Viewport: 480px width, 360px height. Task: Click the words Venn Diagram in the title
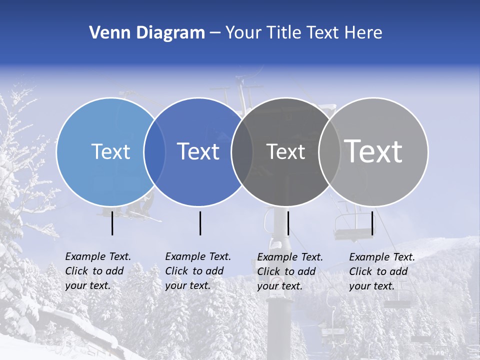coord(147,33)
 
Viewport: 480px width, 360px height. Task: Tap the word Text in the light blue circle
coord(110,151)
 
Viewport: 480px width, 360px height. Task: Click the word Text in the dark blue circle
coord(198,151)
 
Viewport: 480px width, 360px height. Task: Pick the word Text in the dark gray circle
coord(285,151)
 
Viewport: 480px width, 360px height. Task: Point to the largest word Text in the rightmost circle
coord(373,151)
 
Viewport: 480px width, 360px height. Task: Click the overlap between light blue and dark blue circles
coord(154,151)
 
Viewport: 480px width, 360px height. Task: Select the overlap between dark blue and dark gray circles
coord(242,151)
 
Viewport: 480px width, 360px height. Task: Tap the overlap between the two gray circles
coord(329,151)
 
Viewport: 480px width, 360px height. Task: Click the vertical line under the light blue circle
coord(112,223)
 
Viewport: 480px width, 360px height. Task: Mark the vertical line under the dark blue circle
coord(200,223)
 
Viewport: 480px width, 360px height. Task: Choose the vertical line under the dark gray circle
coord(288,223)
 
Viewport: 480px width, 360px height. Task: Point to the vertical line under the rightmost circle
coord(372,223)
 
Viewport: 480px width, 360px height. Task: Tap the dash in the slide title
coord(215,33)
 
